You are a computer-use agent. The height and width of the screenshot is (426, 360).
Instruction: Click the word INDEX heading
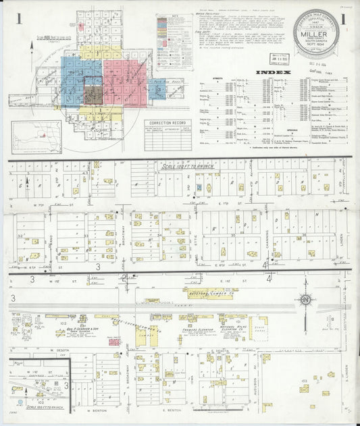click(x=274, y=72)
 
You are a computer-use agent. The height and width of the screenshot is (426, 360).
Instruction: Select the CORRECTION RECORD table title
click(x=168, y=123)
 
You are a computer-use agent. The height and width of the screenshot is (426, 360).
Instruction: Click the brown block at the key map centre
click(x=93, y=95)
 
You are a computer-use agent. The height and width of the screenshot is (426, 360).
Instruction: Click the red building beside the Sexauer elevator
click(x=114, y=342)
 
